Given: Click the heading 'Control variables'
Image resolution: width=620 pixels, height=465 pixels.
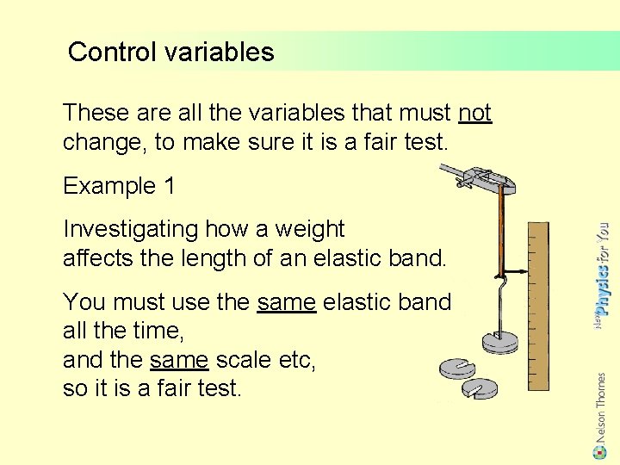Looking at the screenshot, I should coord(170,52).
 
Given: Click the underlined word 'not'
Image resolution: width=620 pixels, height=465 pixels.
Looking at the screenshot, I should coord(474,113).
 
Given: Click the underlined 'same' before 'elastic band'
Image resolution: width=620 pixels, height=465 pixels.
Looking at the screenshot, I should coord(286,302).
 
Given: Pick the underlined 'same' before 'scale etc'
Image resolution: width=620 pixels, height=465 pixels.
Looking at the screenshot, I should coord(179,360).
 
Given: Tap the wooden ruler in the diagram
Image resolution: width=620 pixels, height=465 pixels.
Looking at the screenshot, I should coord(537,306).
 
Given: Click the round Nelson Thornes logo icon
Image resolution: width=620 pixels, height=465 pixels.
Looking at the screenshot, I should coord(600,450).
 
